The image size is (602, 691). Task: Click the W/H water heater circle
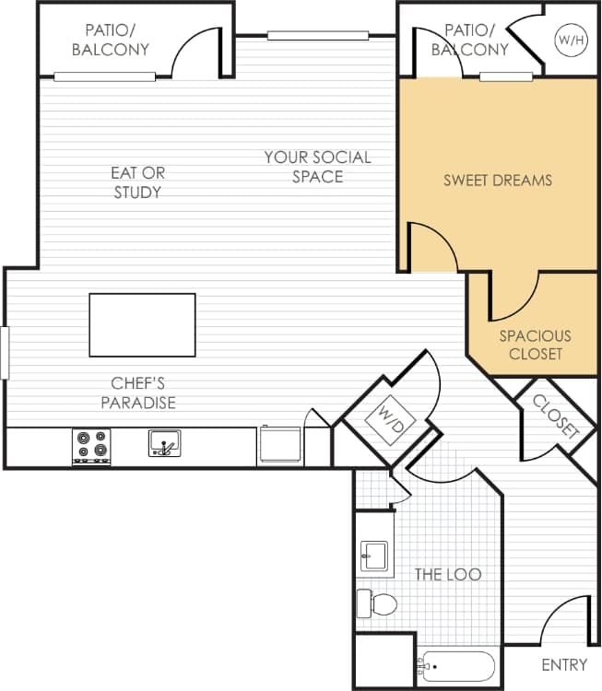coord(567,40)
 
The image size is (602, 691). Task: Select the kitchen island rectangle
coord(142,324)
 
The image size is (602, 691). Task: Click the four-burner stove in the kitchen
coord(91,447)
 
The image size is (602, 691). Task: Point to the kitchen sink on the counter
coord(164,444)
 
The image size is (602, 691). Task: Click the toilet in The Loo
coord(377,604)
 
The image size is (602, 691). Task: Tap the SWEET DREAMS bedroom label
coord(498,180)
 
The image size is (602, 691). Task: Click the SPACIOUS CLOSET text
coord(536,345)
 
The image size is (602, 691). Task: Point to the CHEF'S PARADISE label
coord(138,392)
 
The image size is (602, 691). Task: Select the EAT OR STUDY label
coord(137,182)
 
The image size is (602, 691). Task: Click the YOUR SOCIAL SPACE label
coord(317,167)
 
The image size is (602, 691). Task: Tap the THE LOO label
coord(448,574)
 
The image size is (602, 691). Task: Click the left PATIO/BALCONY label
coord(111,40)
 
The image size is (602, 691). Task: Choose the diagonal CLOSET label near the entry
coord(557,416)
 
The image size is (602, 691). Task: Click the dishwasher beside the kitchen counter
coord(280,446)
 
